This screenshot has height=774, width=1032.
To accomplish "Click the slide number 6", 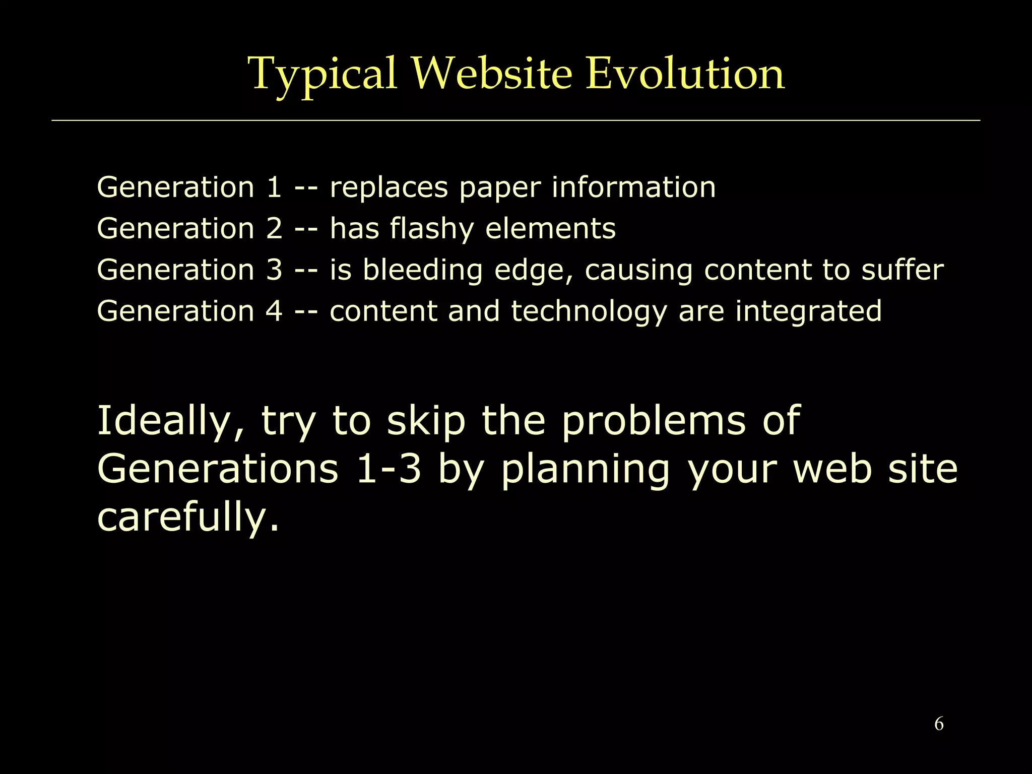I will pos(939,724).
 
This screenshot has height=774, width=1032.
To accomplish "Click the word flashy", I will pos(432,229).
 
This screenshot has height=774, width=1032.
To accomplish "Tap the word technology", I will pos(589,312).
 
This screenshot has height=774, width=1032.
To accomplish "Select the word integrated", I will pos(808,312).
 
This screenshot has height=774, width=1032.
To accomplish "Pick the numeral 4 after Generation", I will pos(274,311).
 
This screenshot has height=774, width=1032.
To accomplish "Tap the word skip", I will pos(426,421).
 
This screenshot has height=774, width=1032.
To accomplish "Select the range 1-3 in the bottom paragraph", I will pos(389,469).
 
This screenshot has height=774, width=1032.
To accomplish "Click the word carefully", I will pos(187,518).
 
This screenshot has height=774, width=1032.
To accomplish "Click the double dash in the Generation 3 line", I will pos(306,271).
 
